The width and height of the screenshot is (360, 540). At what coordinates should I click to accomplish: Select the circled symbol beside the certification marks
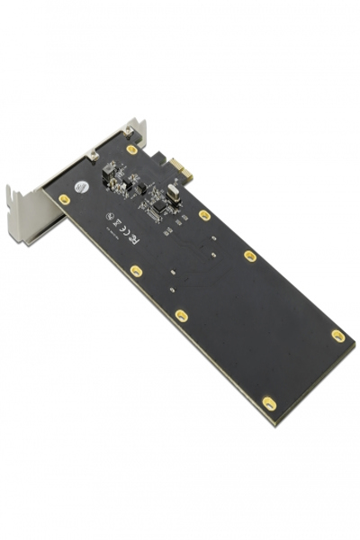click(110, 217)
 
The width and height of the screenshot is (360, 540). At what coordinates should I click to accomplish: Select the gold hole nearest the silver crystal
click(204, 215)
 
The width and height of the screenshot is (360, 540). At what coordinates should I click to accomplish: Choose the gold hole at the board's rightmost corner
click(337, 336)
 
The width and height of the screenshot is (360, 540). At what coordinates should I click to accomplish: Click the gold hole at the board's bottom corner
click(268, 403)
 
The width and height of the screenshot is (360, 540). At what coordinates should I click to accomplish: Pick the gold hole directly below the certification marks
click(136, 270)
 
